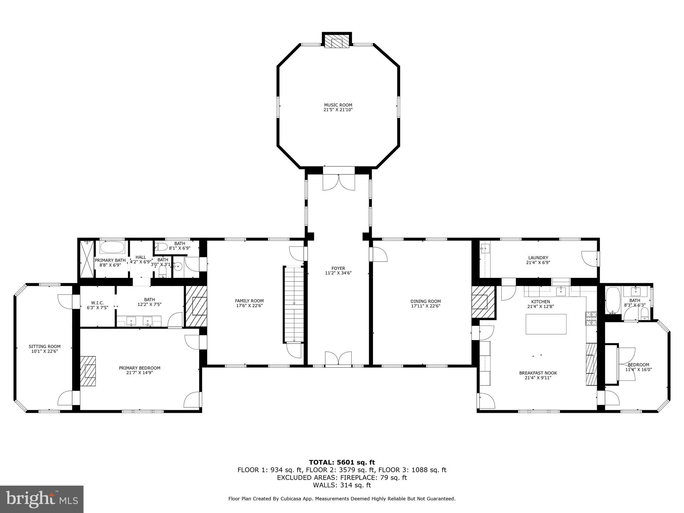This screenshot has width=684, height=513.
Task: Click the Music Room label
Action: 338,105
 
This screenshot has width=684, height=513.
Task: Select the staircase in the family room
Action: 294,304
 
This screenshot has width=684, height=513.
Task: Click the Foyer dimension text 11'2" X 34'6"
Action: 338,273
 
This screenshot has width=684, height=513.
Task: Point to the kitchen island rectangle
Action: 546,324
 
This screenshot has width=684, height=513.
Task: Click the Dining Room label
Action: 425,301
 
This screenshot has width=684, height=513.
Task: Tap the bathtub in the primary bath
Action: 112,248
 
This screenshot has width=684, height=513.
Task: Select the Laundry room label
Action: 538,258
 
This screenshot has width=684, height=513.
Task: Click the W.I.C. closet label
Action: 97,303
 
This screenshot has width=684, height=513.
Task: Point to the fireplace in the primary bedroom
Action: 88,371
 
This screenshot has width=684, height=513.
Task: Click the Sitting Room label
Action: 44,347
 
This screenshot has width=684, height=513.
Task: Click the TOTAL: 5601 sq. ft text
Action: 342,462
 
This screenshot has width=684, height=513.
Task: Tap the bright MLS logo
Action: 41,499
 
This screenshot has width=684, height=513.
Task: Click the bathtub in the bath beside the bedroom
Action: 613,301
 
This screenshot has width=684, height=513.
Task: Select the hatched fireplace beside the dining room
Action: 483,302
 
